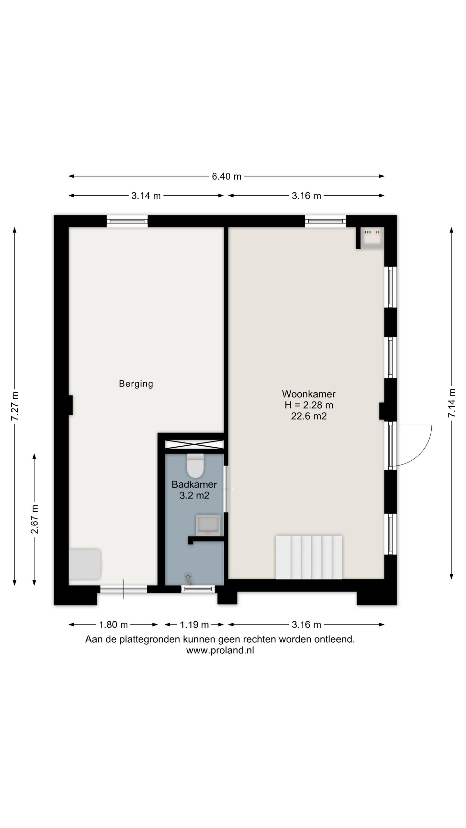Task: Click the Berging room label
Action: point(136,384)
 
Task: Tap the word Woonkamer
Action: point(308,394)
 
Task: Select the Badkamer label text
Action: point(194,484)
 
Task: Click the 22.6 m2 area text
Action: point(308,416)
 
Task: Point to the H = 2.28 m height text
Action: point(308,405)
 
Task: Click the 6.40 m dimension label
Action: point(227,176)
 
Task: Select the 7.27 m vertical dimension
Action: point(15,406)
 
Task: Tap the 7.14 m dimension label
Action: point(452,403)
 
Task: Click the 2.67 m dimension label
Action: point(34,519)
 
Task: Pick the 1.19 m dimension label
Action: point(194,625)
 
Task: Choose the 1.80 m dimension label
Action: point(113,625)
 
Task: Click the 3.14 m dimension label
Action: point(146,196)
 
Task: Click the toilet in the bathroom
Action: point(195,465)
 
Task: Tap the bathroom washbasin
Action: point(208,525)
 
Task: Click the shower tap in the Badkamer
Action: point(189,579)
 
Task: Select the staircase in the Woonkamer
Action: point(309,557)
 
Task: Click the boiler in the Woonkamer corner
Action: point(372,238)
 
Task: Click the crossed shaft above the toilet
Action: point(194,444)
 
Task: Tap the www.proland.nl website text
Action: point(220,650)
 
